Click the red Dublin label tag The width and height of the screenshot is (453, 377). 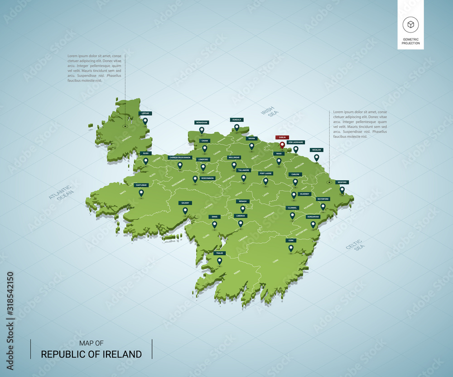click(282, 137)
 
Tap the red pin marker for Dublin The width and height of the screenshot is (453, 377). click(282, 145)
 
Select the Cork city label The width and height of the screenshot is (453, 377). click(291, 240)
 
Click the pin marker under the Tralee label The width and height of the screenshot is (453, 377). click(220, 260)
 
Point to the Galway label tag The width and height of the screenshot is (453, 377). click(184, 203)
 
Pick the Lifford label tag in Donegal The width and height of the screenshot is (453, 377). click(145, 113)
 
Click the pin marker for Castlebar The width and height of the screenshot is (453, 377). click(141, 193)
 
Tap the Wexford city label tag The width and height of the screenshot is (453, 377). click(342, 182)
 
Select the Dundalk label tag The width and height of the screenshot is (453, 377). click(236, 120)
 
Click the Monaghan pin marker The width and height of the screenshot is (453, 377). click(202, 130)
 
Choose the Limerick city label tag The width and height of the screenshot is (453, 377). click(241, 216)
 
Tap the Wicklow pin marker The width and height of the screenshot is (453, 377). click(317, 157)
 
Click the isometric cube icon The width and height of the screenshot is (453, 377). click(411, 25)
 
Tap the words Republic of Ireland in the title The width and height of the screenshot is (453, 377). click(92, 354)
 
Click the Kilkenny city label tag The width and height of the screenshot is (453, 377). click(304, 194)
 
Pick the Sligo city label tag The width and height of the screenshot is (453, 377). click(145, 153)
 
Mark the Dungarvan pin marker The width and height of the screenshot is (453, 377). click(313, 224)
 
